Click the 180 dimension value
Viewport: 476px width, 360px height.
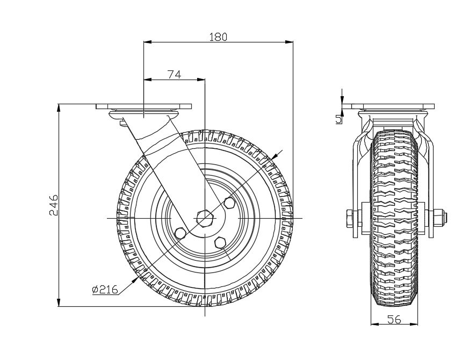(x=219, y=37)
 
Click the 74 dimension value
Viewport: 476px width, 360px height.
(x=174, y=75)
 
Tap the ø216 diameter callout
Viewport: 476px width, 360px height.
(x=105, y=290)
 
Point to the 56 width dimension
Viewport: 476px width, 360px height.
(x=394, y=319)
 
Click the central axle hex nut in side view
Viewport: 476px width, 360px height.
(x=205, y=218)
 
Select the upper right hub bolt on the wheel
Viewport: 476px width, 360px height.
(x=228, y=203)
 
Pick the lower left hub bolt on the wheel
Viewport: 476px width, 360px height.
(x=181, y=234)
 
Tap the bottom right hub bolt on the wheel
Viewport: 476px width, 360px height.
(x=220, y=243)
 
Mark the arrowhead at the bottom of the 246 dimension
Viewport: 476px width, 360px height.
(x=59, y=303)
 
